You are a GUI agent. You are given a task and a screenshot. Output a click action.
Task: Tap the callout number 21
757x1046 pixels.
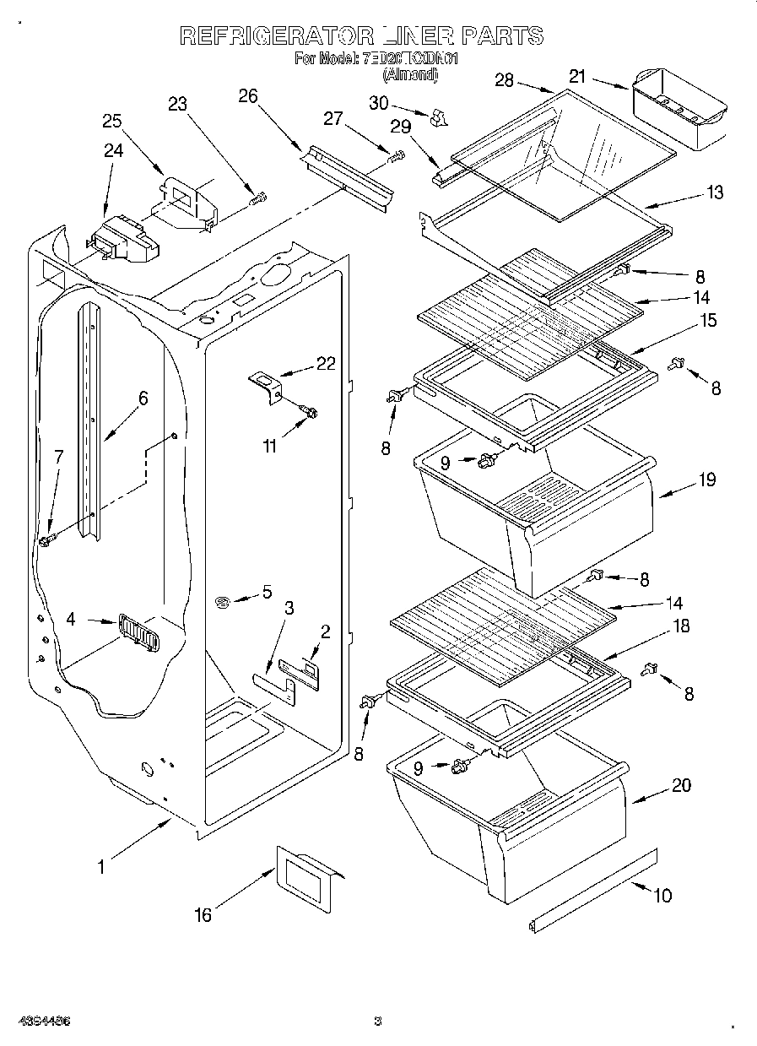click(x=577, y=77)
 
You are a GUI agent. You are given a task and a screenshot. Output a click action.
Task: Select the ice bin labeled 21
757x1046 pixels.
click(x=679, y=110)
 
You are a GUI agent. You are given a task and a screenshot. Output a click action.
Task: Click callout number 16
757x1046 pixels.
click(x=203, y=914)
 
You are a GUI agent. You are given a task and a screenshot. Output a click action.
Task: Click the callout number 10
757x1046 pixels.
click(x=663, y=895)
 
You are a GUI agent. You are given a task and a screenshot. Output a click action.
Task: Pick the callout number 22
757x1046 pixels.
click(x=326, y=364)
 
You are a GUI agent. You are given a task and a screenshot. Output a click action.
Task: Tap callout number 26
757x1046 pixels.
click(x=247, y=95)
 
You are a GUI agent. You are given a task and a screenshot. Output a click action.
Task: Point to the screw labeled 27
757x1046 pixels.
click(x=396, y=156)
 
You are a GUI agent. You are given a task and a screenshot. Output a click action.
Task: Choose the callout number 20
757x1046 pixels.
click(x=681, y=785)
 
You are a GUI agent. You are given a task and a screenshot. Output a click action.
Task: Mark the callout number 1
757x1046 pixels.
click(x=100, y=865)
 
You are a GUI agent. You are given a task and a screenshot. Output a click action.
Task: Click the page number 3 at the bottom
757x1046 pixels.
click(x=378, y=1022)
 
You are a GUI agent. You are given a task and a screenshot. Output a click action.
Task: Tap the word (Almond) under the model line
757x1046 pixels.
click(x=411, y=74)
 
